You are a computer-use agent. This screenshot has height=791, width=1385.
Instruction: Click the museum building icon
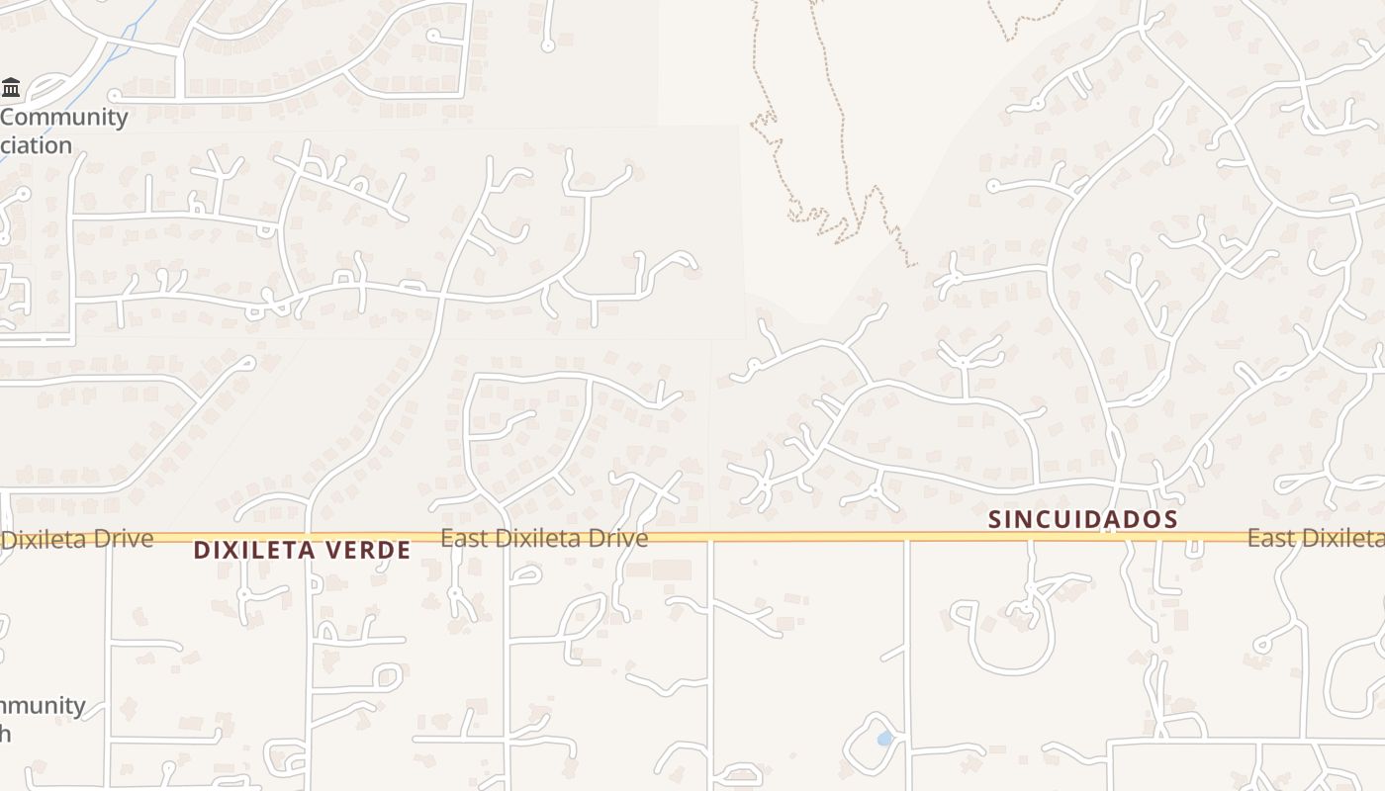pyautogui.click(x=11, y=87)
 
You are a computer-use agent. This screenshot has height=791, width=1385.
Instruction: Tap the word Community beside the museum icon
pyautogui.click(x=64, y=117)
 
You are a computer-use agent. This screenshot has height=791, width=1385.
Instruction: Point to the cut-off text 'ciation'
pyautogui.click(x=37, y=145)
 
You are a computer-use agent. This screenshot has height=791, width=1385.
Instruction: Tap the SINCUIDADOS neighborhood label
pyautogui.click(x=1083, y=519)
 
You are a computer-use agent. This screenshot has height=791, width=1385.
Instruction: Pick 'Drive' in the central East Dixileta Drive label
pyautogui.click(x=618, y=538)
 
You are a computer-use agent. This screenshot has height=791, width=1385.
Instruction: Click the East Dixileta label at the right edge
pyautogui.click(x=1315, y=538)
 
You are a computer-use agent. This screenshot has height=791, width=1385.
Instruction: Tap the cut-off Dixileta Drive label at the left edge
pyautogui.click(x=77, y=539)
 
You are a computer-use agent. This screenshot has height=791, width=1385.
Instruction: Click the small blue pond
pyautogui.click(x=884, y=739)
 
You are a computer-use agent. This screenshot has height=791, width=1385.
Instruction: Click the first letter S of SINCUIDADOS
pyautogui.click(x=994, y=519)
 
